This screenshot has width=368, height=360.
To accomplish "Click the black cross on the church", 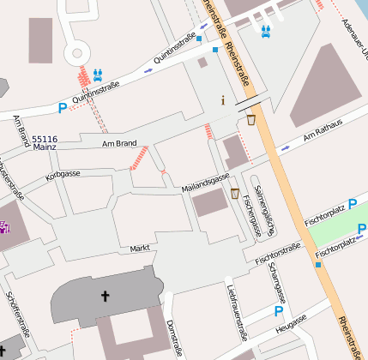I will (106, 297).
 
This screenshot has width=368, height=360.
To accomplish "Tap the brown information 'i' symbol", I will (223, 100).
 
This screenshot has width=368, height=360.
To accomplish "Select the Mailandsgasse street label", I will (205, 183).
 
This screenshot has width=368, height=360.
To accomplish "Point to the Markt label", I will (139, 248).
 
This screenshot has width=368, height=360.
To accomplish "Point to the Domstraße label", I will (174, 338).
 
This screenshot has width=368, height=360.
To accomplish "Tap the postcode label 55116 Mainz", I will (45, 143).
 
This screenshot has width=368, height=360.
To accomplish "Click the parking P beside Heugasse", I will (278, 312).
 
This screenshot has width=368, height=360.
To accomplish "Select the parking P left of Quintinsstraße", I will (62, 109).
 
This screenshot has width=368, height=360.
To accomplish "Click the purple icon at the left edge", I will (4, 226).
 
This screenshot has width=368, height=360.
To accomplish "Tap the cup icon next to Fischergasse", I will (234, 194).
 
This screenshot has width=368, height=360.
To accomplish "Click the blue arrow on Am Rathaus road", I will (285, 148).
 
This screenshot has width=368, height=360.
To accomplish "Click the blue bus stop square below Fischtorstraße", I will (318, 265).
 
